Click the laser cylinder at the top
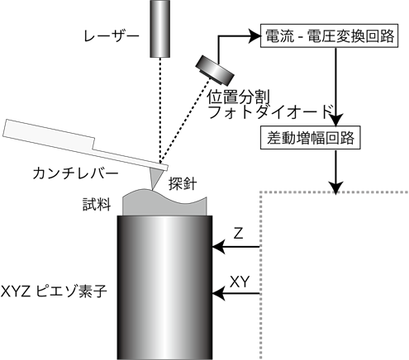pos(159,29)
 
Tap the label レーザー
pos(112,36)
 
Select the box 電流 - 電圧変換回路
pos(329,36)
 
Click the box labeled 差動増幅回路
pos(311,138)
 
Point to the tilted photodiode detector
pos(215,70)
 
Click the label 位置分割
pos(238,97)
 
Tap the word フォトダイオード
pos(272,111)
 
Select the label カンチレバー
pos(75,173)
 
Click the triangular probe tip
pos(155,178)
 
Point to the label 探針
pos(183,183)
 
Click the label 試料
pos(97,204)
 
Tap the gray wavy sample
pos(164,202)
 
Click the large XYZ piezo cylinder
pos(164,287)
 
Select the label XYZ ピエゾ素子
pos(54,291)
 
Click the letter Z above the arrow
pos(238,234)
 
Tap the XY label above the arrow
pos(240,282)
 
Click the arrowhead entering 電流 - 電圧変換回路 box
pos(254,36)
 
